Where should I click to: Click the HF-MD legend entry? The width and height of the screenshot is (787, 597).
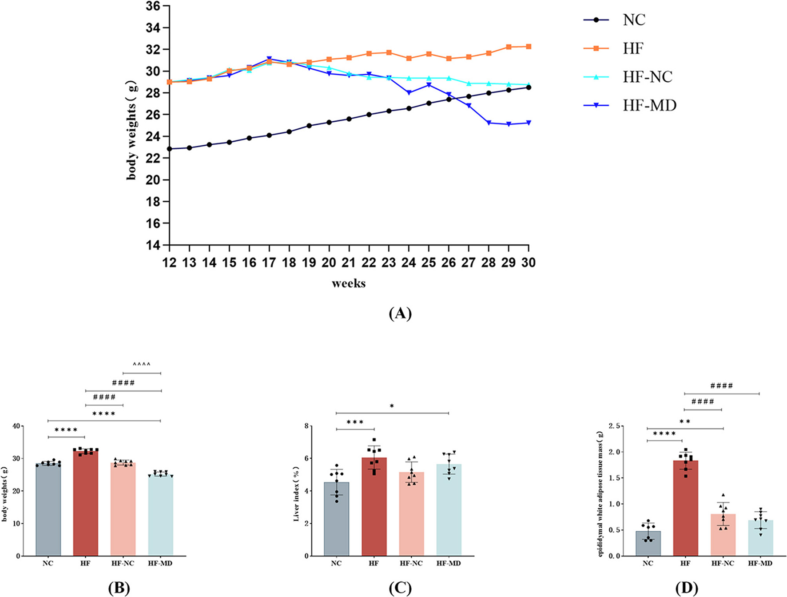click(649, 105)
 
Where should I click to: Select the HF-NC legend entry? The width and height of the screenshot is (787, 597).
click(647, 77)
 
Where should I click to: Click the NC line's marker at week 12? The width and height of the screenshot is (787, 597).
click(170, 149)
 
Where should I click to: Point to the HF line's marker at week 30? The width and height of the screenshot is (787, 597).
click(528, 47)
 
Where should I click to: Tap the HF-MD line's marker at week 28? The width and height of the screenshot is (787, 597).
click(489, 123)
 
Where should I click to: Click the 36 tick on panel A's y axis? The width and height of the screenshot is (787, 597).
click(153, 7)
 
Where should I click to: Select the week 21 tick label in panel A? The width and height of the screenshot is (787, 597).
click(349, 263)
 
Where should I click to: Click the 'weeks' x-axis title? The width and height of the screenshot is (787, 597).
click(349, 283)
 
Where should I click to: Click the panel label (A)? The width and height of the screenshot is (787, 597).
click(400, 314)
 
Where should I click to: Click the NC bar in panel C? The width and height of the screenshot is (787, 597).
click(336, 520)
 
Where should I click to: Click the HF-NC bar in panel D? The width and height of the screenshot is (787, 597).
click(723, 535)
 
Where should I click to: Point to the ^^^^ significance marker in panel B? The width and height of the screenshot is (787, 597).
click(142, 365)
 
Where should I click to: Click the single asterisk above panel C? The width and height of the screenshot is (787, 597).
click(392, 406)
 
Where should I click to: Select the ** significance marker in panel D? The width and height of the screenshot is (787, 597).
click(685, 422)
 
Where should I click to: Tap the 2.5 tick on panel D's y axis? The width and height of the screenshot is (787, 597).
click(615, 426)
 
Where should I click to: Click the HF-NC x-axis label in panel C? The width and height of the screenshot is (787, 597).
click(411, 563)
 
